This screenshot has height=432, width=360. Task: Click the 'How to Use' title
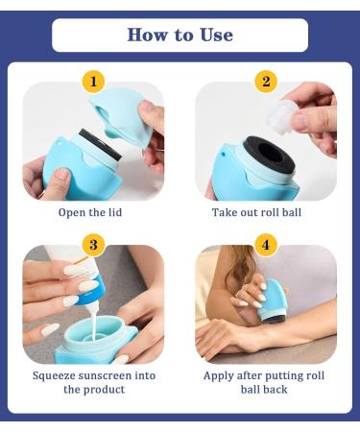pos(180,36)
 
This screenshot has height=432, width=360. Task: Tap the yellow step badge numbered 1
pos(93,82)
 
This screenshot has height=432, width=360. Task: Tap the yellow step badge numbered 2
pos(266,82)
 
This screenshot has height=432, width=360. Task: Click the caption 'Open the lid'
pos(93,212)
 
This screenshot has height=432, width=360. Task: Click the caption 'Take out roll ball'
pos(266,212)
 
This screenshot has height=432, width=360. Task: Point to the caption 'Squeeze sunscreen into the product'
pos(93,382)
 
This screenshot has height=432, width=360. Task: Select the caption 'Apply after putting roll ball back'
pos(266,382)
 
